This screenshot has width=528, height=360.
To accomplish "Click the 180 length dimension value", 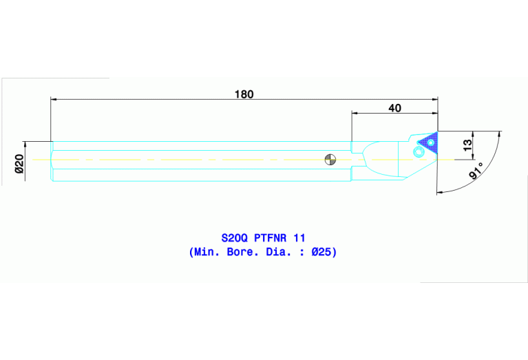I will tap(244, 94).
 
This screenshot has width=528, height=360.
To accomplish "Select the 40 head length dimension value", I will tap(394, 107).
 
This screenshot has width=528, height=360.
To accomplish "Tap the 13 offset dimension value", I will tap(468, 145).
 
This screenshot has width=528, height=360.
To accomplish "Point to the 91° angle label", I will tap(475, 171).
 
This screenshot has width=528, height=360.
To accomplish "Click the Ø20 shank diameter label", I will tap(19, 163).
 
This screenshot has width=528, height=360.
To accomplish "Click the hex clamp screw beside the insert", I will tap(417, 153).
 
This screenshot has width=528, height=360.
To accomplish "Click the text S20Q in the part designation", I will tap(225, 237).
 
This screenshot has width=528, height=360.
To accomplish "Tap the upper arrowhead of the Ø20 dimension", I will tap(25, 144).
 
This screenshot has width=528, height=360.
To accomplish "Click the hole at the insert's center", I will tap(431, 142).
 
